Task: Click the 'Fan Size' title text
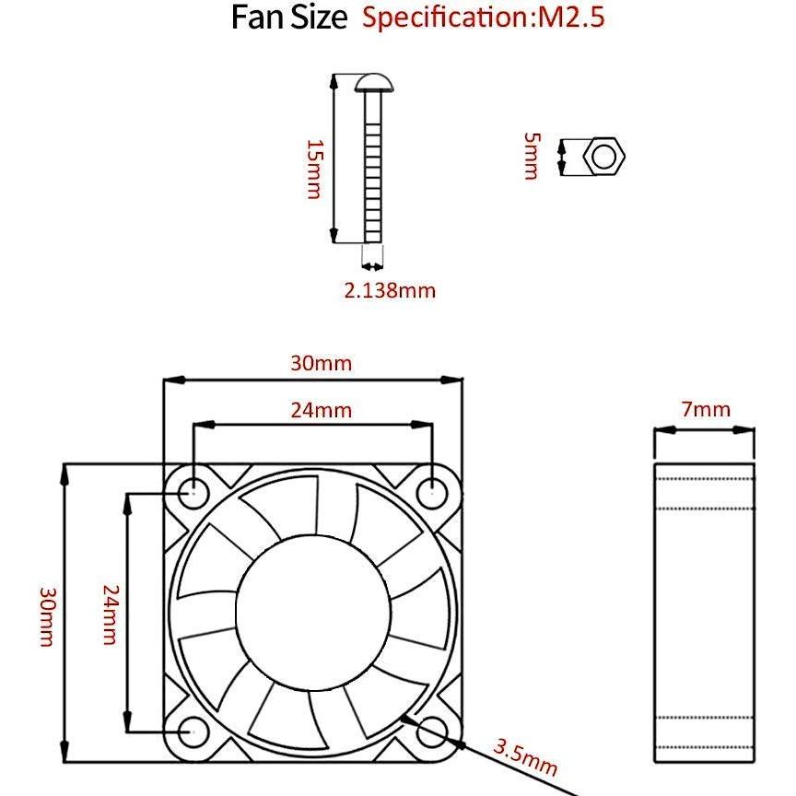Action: pos(288,18)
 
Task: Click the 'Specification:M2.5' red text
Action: pos(484,18)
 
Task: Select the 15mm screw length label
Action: pos(314,169)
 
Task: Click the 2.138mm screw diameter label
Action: pos(390,291)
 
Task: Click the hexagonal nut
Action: pos(604,157)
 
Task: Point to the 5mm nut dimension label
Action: pos(531,156)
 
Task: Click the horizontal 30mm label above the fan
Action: pos(321,363)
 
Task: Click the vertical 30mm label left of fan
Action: pos(45,615)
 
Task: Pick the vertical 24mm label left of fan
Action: pos(110,614)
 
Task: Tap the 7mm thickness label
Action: pos(706,410)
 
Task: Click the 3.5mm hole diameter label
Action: pos(525,755)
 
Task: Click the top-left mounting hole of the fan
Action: pos(194,492)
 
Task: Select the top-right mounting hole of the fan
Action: pos(431,492)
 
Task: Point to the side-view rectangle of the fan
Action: pos(704,613)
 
